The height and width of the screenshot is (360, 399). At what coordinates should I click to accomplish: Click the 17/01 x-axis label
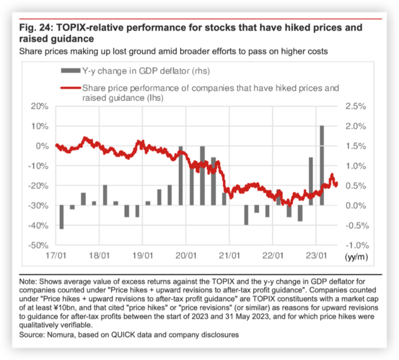click(x=55, y=256)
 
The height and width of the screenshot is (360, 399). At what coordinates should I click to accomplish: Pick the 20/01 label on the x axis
click(x=186, y=256)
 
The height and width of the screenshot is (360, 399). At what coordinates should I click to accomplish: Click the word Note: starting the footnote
click(x=29, y=282)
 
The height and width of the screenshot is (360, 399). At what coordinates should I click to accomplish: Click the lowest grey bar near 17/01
click(x=62, y=217)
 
